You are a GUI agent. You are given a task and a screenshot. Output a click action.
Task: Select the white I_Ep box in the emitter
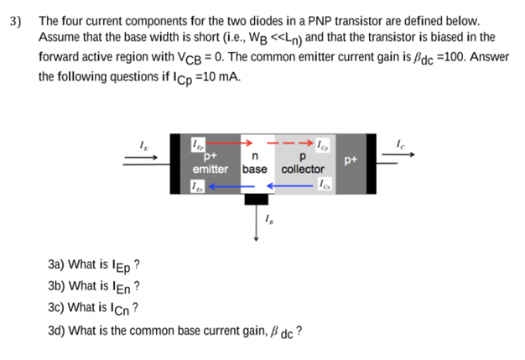(x=198, y=143)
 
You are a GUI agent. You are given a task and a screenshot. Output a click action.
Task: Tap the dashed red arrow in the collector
(x=289, y=143)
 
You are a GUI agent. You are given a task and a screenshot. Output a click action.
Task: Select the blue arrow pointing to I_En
(x=226, y=186)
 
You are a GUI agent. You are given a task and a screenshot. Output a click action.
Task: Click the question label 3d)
(x=57, y=330)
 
